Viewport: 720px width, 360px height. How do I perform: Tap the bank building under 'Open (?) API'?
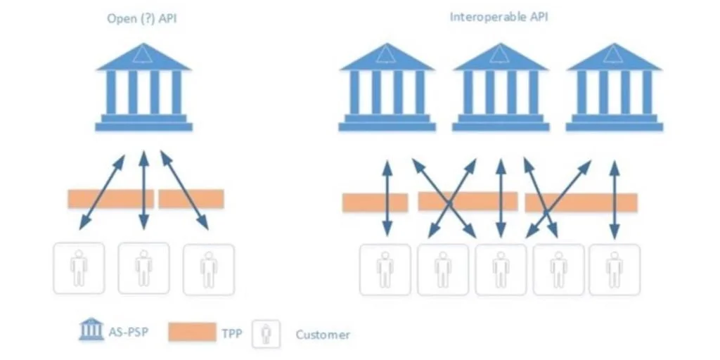point(144,88)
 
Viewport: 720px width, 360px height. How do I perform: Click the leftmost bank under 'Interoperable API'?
point(387,88)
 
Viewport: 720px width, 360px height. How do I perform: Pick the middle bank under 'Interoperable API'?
point(501,88)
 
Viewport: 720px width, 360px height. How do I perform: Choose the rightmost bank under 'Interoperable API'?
point(615,88)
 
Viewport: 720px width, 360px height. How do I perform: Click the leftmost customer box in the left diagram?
point(79,268)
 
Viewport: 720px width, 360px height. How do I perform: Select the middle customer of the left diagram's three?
point(144,268)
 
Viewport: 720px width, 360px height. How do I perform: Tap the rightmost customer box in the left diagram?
point(209,268)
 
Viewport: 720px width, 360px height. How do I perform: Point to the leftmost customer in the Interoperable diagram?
point(385,269)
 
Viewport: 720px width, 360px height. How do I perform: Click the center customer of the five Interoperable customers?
point(500,269)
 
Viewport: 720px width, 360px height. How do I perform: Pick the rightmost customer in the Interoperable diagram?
point(615,269)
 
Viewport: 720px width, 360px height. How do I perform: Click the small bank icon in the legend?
point(91,329)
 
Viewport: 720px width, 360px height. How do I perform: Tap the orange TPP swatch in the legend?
point(192,331)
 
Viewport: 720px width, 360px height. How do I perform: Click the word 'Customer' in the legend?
point(323,335)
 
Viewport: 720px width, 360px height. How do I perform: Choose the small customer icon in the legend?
point(266,334)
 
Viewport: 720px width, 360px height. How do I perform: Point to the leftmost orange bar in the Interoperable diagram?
point(375,202)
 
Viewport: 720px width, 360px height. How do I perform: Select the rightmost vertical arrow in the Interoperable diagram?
point(615,200)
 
